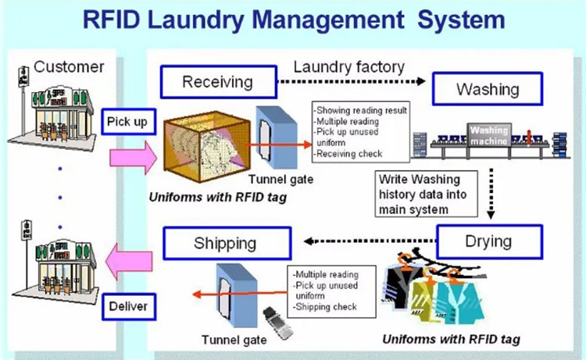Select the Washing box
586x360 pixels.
pos(488,89)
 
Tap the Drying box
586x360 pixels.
pos(488,241)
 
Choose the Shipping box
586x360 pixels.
pos(225,243)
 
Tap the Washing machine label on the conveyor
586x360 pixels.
pos(489,133)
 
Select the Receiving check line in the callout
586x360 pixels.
pos(349,155)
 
